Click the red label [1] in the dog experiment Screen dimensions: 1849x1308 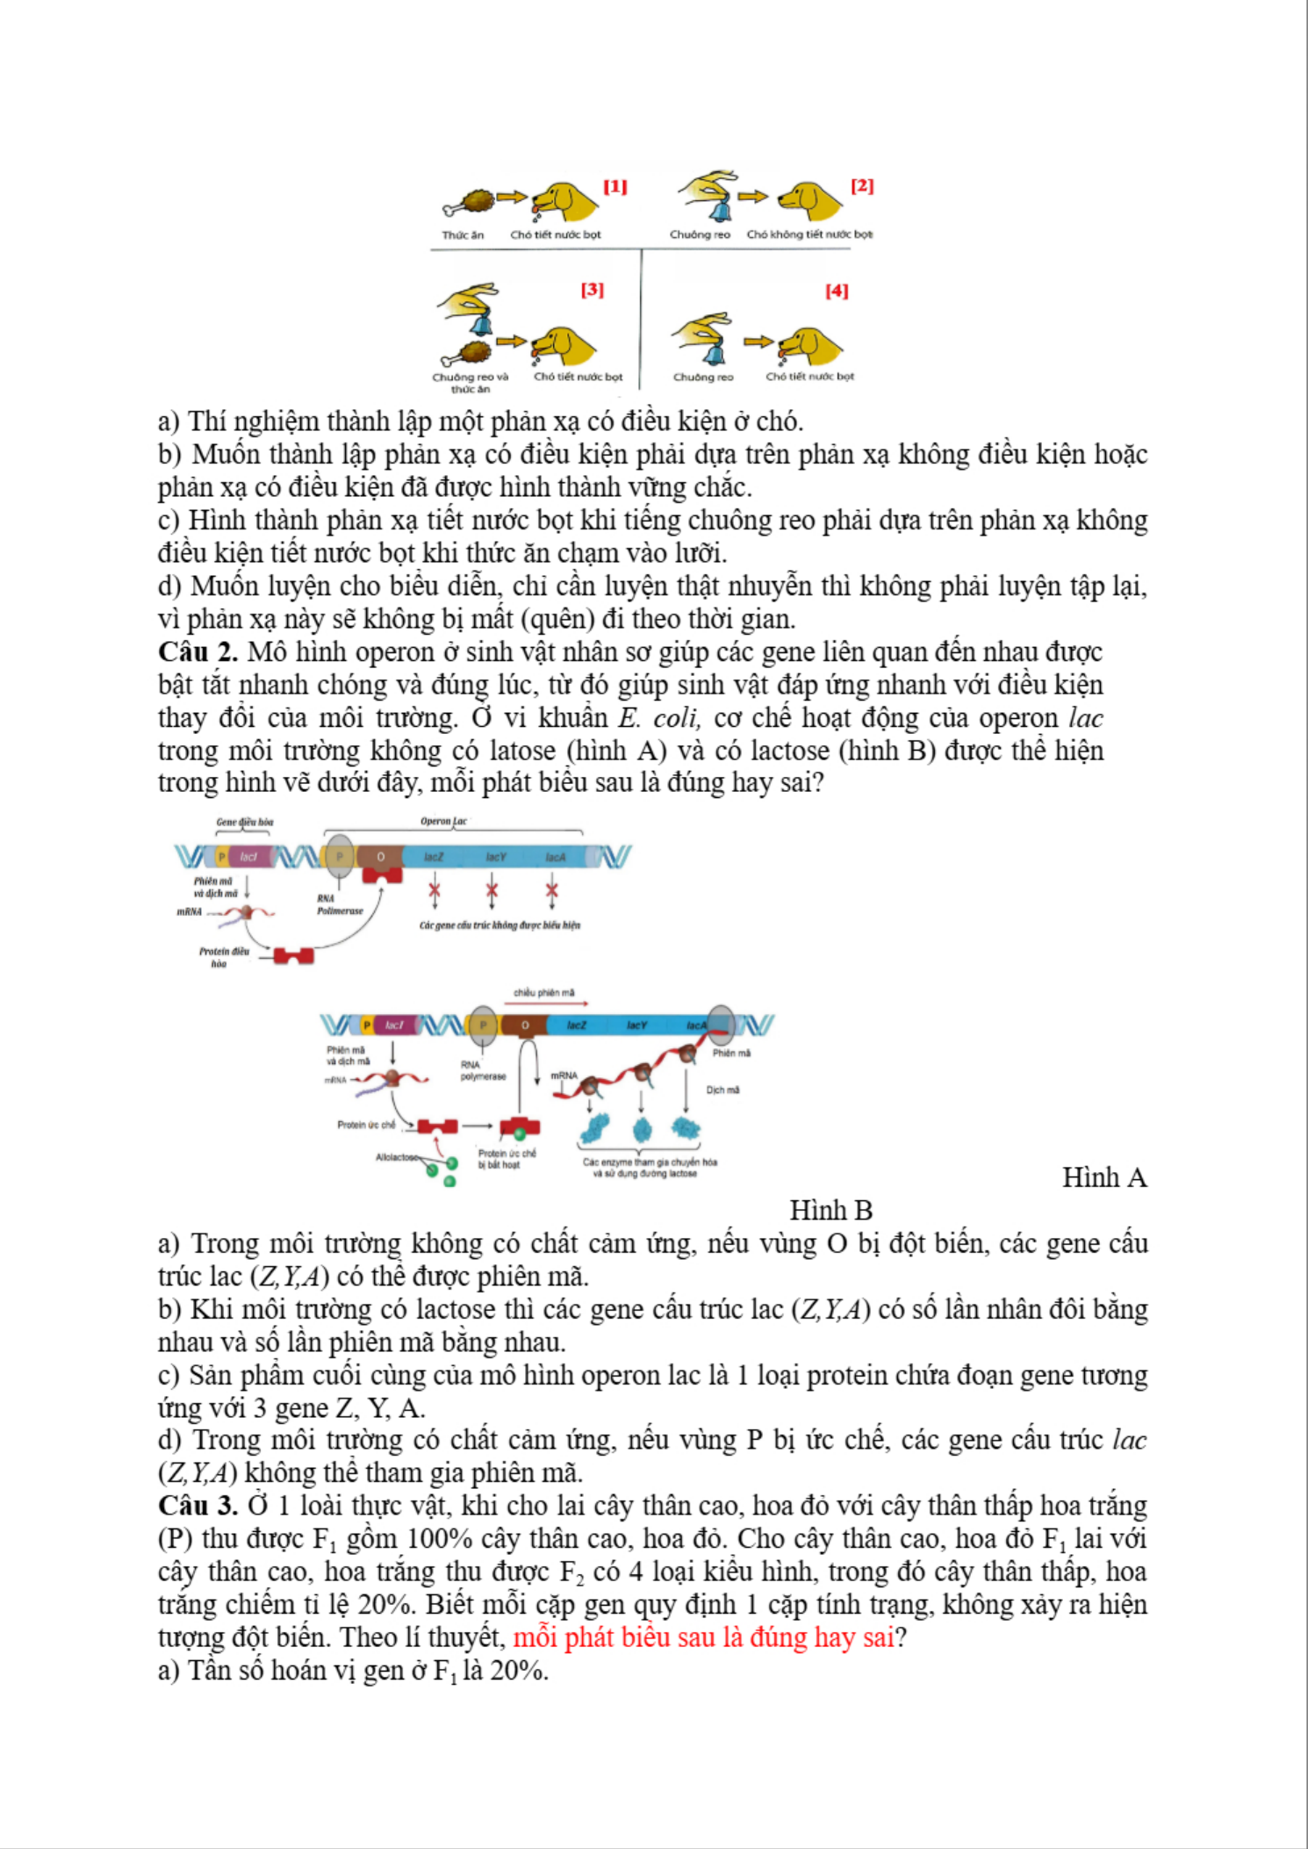click(614, 186)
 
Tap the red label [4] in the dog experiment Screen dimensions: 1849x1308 click(837, 291)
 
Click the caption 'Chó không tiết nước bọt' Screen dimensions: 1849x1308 click(809, 234)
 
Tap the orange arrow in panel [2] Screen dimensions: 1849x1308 click(752, 197)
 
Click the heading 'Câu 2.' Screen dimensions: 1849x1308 click(198, 652)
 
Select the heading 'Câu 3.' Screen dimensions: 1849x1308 click(198, 1506)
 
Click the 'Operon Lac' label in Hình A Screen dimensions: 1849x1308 click(443, 822)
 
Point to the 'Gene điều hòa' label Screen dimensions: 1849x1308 click(244, 823)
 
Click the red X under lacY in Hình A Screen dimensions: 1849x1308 click(492, 892)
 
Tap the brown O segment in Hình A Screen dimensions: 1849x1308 click(381, 857)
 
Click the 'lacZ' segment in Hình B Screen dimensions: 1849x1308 click(576, 1025)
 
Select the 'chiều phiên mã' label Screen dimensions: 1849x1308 click(544, 993)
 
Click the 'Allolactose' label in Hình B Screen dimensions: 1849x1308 click(397, 1157)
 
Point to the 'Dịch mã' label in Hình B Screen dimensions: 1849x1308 click(722, 1090)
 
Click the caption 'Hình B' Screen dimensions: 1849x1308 click(830, 1211)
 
